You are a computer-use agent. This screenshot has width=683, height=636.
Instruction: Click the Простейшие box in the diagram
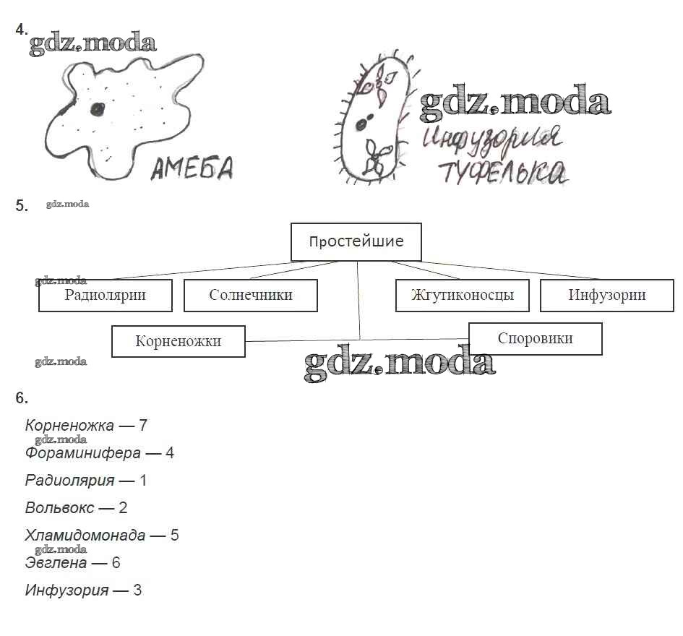(x=356, y=241)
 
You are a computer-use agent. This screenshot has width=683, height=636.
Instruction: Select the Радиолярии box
(x=105, y=295)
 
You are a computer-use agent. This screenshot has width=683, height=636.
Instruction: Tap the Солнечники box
(x=251, y=295)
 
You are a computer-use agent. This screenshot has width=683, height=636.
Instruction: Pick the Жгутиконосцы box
(x=462, y=295)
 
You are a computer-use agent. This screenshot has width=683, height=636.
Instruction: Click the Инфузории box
(x=606, y=295)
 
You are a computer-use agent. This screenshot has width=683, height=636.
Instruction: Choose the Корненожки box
(x=178, y=341)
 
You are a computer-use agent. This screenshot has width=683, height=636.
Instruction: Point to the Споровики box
(x=535, y=338)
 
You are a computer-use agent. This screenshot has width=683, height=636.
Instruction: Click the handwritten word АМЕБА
(x=192, y=169)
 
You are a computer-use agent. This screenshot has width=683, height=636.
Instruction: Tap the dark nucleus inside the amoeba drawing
(x=96, y=109)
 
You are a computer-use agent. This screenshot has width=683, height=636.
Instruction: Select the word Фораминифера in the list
(x=82, y=453)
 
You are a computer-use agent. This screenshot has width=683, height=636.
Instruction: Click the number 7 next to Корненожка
(x=143, y=426)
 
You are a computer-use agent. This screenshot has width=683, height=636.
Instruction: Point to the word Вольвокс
(x=59, y=507)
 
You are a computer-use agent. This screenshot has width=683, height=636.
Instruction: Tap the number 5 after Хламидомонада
(x=174, y=536)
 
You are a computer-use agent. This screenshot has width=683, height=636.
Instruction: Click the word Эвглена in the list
(x=56, y=562)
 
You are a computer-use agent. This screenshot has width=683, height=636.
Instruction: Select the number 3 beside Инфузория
(x=137, y=590)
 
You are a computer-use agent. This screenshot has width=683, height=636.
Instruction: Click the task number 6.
(x=22, y=397)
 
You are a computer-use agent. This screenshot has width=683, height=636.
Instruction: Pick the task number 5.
(x=22, y=206)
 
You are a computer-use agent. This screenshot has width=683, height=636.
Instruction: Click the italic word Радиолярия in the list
(x=69, y=480)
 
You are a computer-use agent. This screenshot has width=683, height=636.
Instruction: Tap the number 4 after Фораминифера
(x=170, y=453)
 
